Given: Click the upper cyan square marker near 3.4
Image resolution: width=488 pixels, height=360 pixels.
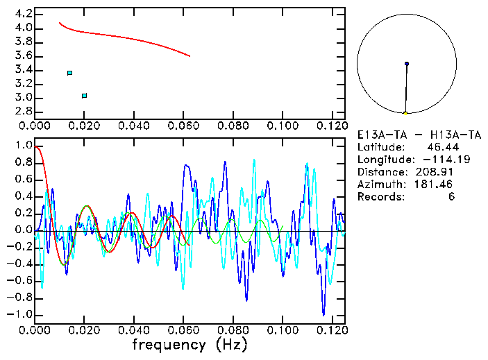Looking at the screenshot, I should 69,73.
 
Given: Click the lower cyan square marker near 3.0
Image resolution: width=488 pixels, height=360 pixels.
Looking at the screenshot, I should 84,96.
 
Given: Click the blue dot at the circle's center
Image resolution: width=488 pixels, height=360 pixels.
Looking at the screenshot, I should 407,64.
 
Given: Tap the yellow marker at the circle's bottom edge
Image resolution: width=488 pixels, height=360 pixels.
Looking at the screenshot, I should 405,113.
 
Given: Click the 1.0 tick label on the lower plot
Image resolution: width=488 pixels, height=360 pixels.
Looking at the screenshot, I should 23,146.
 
